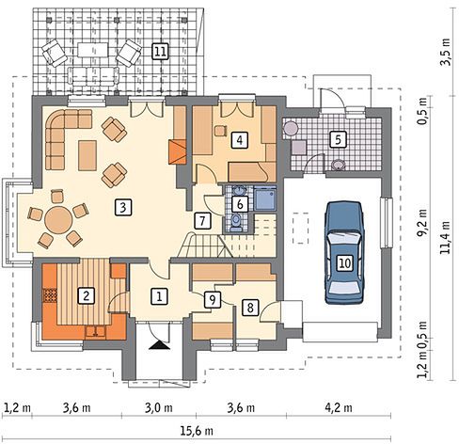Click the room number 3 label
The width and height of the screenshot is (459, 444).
click(x=122, y=207)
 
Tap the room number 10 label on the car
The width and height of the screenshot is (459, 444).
click(x=344, y=262)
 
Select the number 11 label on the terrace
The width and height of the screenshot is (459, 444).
click(x=160, y=51)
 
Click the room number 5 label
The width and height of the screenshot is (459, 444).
click(x=338, y=139)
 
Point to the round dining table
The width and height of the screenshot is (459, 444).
click(x=58, y=219)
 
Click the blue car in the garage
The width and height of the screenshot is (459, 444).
click(x=343, y=253)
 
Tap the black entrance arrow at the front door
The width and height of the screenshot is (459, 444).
click(x=160, y=345)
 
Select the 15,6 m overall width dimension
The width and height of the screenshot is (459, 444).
click(x=197, y=432)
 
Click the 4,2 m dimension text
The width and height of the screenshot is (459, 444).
click(x=339, y=407)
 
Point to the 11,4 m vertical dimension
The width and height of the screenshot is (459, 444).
click(x=445, y=237)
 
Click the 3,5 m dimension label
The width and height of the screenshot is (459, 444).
click(x=445, y=52)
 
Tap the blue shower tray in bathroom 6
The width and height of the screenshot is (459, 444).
click(x=265, y=198)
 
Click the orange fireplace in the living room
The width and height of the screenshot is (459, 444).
click(x=178, y=152)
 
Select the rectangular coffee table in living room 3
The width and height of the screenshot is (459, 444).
click(x=87, y=155)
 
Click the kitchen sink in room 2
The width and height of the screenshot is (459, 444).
click(x=95, y=332)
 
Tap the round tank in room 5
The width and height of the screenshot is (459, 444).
click(x=291, y=129)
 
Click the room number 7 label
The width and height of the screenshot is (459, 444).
click(x=202, y=220)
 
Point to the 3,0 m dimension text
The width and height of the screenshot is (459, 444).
click(x=159, y=407)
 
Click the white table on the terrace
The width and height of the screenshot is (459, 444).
click(x=93, y=50)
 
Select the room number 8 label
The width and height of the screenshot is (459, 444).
click(x=250, y=308)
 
